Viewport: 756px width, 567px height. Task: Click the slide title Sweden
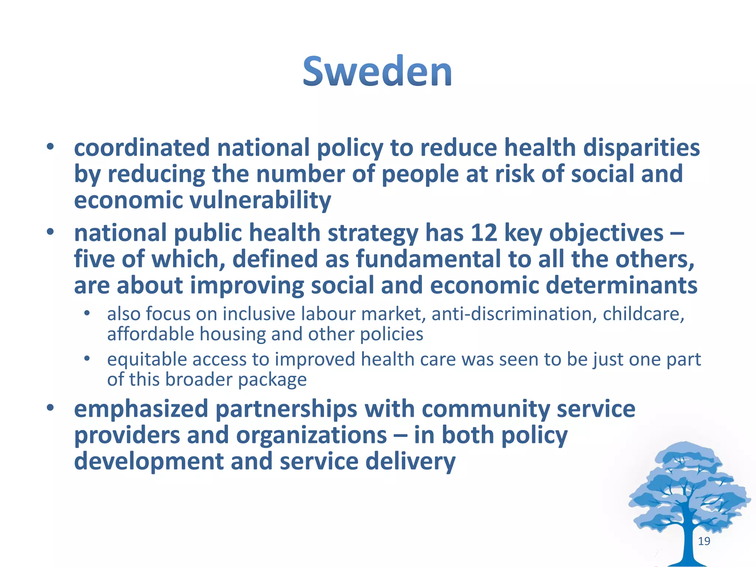[377, 71]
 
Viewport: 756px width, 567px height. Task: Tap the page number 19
[704, 541]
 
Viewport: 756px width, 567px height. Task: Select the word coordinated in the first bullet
[142, 148]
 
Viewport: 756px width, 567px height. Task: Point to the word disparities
[642, 148]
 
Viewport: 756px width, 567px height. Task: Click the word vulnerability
[260, 200]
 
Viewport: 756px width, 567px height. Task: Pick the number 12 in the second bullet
[484, 233]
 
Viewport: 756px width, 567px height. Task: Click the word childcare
[643, 314]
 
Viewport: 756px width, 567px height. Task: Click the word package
[272, 380]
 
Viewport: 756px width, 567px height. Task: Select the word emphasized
[141, 409]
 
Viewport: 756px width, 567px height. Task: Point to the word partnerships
[286, 409]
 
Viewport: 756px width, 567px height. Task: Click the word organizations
[312, 436]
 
